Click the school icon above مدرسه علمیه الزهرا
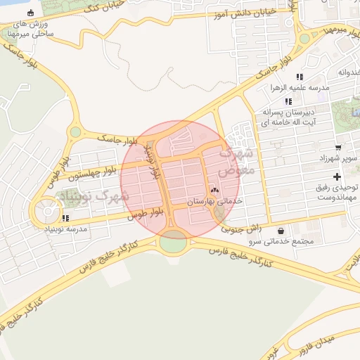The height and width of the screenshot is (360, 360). [x=300, y=77]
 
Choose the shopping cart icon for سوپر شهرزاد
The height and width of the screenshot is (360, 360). [x=339, y=148]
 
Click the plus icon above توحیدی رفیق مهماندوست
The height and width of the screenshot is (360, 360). [x=337, y=176]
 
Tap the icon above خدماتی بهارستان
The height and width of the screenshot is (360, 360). [x=214, y=190]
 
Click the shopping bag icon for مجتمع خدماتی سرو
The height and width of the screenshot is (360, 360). [x=282, y=230]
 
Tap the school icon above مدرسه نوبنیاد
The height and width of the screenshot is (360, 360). [x=65, y=218]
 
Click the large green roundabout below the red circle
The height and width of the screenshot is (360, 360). [x=173, y=243]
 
